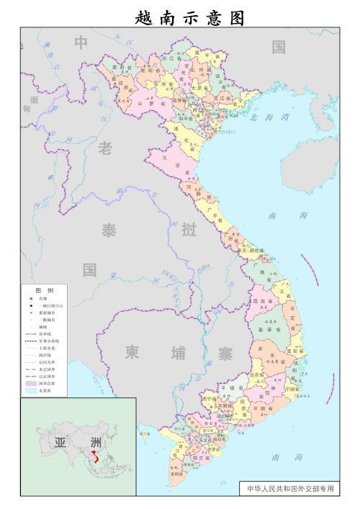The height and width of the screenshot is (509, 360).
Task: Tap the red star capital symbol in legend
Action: point(30,298)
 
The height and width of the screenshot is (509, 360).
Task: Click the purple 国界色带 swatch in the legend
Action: point(31,384)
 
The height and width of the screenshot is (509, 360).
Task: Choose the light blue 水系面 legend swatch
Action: point(31,391)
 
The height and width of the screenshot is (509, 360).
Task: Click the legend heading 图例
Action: point(44,289)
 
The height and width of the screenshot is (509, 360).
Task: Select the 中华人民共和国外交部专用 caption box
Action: point(290,488)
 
